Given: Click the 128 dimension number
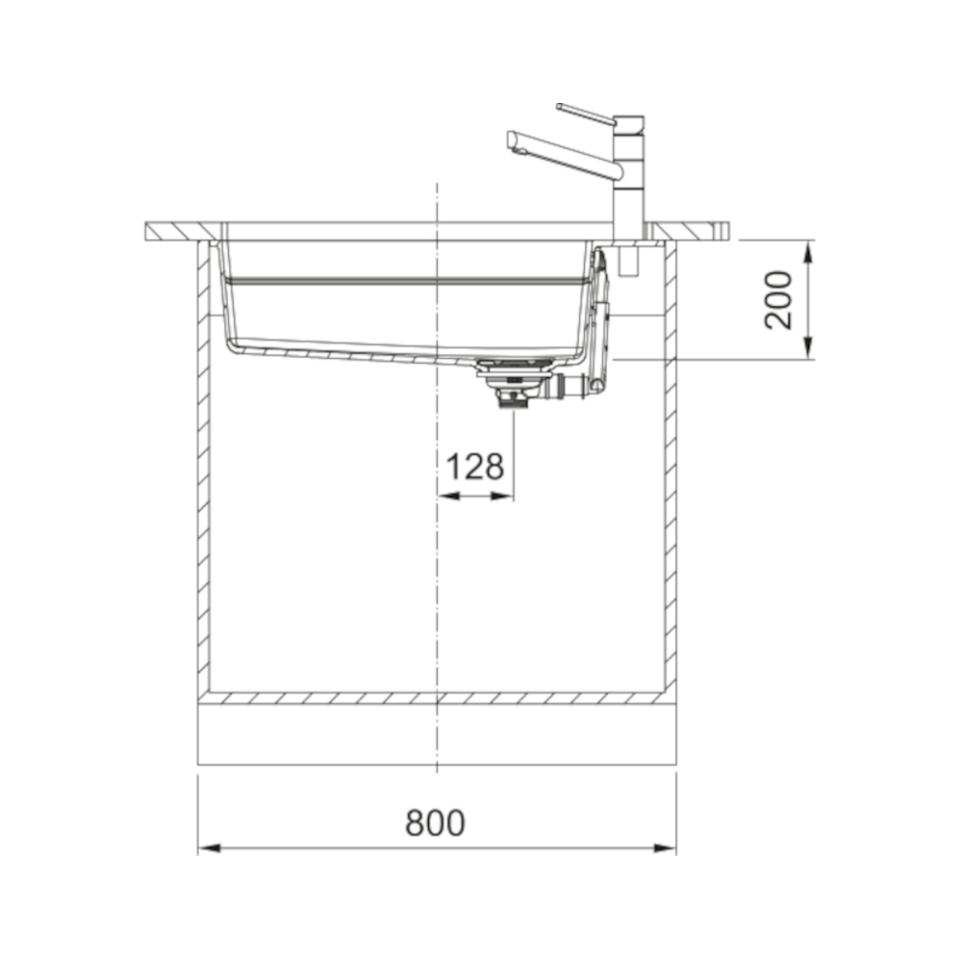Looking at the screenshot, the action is pyautogui.click(x=475, y=467).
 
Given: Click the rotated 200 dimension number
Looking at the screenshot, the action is pyautogui.click(x=778, y=300).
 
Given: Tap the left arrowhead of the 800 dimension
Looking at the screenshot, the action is pyautogui.click(x=210, y=848).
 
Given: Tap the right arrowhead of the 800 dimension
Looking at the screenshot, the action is pyautogui.click(x=665, y=848).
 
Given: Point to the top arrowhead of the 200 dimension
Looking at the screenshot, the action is pyautogui.click(x=808, y=251).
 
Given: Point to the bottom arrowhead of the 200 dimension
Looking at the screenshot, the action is pyautogui.click(x=808, y=348).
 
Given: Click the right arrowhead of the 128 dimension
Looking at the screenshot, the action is pyautogui.click(x=503, y=495).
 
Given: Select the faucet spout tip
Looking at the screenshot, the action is pyautogui.click(x=513, y=140).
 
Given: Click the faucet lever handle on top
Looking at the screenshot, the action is pyautogui.click(x=586, y=114).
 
